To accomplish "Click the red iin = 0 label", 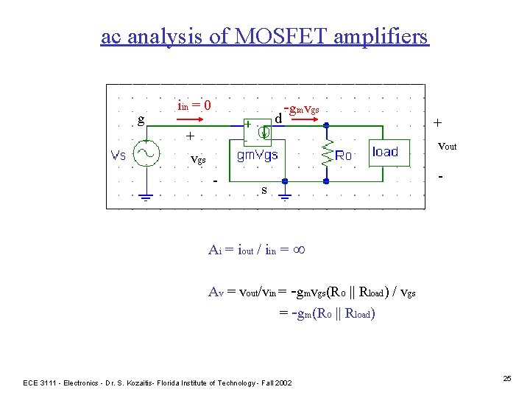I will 194,105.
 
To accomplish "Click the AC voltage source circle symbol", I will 146,153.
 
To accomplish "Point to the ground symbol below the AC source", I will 146,197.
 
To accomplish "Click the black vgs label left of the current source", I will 198,159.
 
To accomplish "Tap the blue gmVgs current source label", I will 257,156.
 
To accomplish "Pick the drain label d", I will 278,119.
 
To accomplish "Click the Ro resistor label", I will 344,156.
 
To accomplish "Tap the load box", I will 386,153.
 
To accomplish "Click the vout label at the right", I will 447,147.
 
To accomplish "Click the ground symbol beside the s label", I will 285,197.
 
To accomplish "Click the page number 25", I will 506,378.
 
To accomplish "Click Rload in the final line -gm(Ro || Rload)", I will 358,313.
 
